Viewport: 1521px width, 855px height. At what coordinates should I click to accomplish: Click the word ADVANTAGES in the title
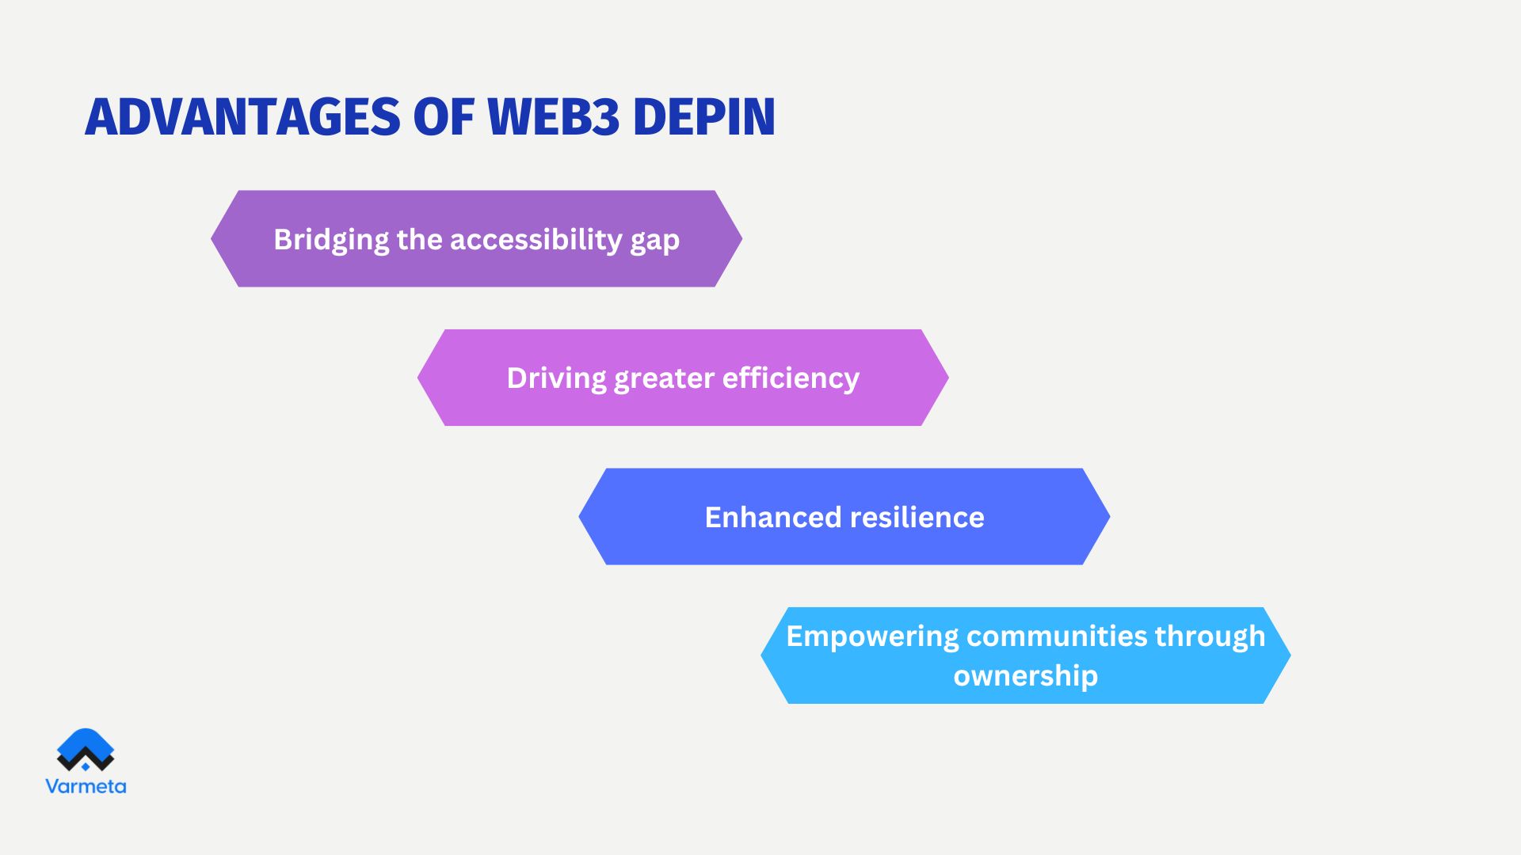click(x=242, y=117)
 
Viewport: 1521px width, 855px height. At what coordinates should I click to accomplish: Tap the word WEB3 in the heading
click(x=553, y=117)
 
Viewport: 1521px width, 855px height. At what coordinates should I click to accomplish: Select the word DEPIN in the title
click(x=703, y=117)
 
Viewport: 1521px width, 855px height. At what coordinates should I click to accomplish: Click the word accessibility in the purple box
click(x=536, y=239)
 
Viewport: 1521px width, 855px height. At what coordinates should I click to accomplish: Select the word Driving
click(x=556, y=378)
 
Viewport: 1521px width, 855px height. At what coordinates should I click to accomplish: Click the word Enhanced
click(x=772, y=517)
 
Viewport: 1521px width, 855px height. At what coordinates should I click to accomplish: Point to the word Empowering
click(x=871, y=636)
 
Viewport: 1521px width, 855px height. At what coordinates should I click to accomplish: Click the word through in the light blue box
click(x=1210, y=636)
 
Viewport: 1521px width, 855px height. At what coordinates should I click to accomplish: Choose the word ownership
click(x=1025, y=676)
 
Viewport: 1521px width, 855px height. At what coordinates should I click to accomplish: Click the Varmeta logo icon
click(x=86, y=750)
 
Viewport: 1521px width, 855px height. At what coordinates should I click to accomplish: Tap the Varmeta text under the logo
click(x=86, y=786)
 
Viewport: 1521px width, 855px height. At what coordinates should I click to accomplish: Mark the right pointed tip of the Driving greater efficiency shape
click(x=947, y=378)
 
